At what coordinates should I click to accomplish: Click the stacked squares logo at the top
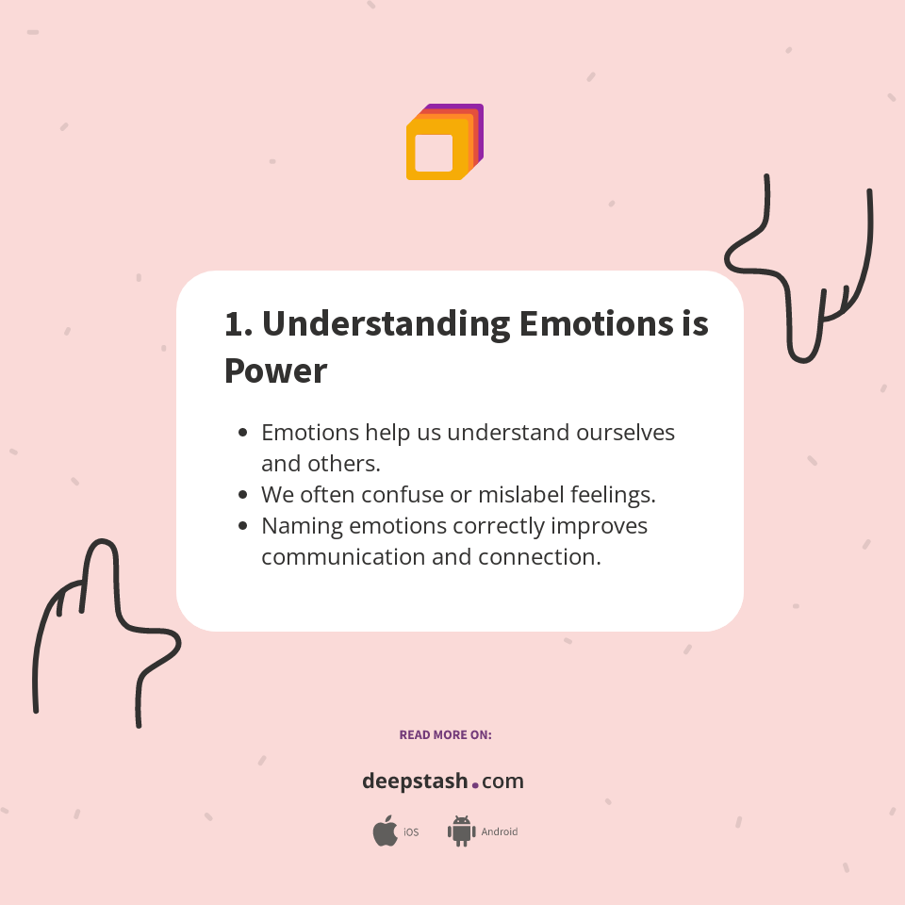[444, 142]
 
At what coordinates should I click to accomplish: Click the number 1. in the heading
[238, 324]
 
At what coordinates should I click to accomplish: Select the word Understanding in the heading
[386, 324]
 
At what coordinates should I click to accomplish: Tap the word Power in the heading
[275, 370]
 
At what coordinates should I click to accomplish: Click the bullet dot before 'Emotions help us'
[243, 433]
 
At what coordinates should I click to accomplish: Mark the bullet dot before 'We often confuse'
[243, 494]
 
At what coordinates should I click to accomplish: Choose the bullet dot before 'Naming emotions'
[243, 525]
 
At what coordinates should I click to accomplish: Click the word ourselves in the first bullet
[619, 433]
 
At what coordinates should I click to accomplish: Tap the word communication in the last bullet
[343, 556]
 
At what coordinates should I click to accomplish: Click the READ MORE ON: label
[445, 734]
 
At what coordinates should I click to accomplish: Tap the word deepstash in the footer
[415, 782]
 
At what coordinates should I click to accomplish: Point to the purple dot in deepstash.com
[475, 784]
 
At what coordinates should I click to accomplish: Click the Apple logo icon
[385, 831]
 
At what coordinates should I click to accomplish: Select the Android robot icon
[461, 831]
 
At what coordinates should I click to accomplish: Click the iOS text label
[411, 832]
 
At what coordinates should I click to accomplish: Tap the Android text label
[500, 832]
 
